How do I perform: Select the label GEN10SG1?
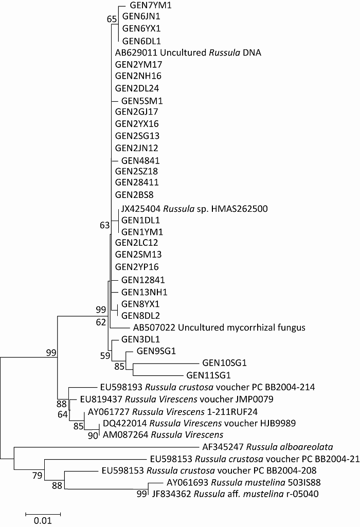click(225, 363)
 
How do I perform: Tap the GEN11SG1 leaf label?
click(208, 375)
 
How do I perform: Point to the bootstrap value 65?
click(112, 19)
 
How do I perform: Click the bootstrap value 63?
click(105, 225)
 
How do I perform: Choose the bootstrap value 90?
click(93, 437)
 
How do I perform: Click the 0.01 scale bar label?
click(43, 520)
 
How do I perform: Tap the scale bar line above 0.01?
click(43, 513)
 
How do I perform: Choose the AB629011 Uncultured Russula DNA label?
click(188, 52)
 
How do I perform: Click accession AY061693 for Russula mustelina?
click(188, 483)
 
